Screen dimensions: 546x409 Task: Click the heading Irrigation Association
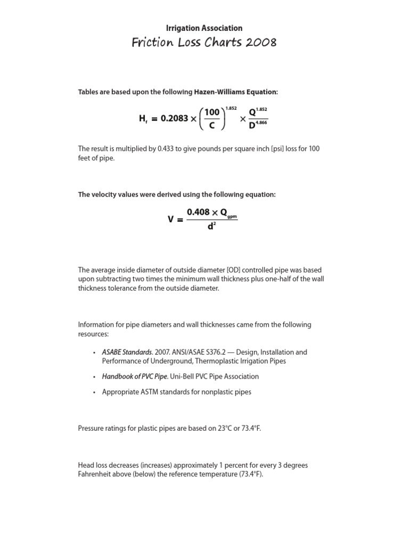204,28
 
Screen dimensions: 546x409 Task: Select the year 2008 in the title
261,43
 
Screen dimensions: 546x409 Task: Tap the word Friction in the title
150,43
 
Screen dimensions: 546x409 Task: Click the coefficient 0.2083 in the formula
174,118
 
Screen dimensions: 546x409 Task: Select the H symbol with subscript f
143,119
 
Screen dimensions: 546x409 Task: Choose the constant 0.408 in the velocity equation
198,212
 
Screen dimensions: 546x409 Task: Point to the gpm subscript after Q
232,216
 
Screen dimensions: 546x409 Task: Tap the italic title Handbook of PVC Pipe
134,376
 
